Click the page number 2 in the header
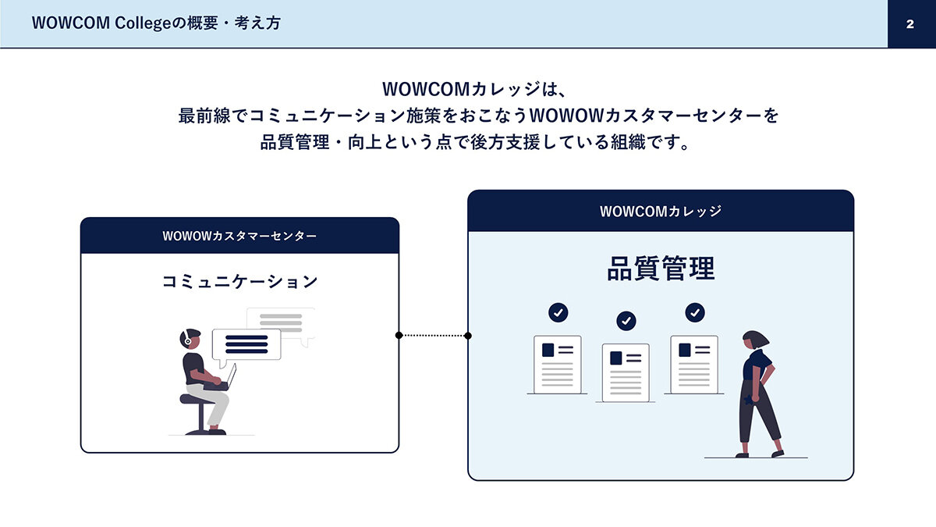point(910,24)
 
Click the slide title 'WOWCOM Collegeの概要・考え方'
point(156,23)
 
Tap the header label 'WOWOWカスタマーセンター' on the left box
point(239,236)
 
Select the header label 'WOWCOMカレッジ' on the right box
point(661,212)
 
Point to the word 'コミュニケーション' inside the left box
point(239,282)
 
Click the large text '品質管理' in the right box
point(661,268)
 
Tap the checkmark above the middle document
point(626,321)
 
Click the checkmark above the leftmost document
point(558,312)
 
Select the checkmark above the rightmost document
point(695,312)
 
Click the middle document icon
point(626,372)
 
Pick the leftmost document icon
point(558,365)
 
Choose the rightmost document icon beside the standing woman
point(694,365)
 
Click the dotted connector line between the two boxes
point(434,336)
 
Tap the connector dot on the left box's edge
point(399,336)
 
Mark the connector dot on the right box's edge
point(468,336)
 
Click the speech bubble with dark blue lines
point(246,345)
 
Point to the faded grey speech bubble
point(281,324)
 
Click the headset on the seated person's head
point(186,338)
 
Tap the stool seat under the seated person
point(197,400)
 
